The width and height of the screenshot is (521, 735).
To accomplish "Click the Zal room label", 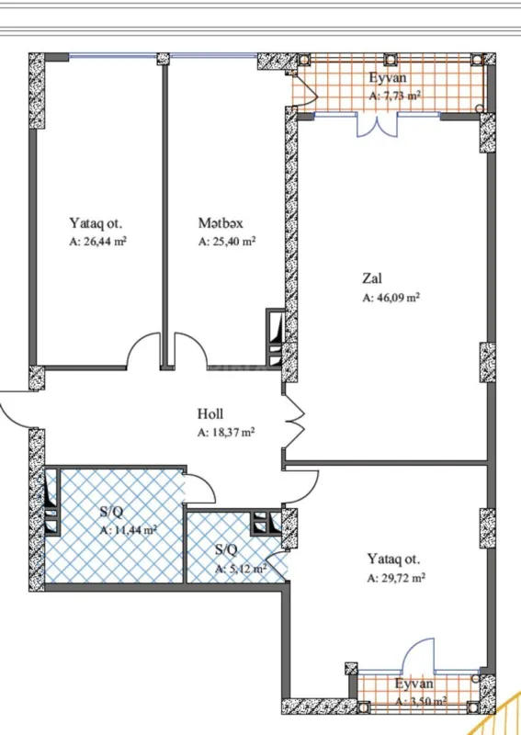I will tap(371, 278).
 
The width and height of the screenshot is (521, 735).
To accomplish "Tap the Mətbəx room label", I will tap(219, 223).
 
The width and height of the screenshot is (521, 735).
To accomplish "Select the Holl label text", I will tap(210, 414).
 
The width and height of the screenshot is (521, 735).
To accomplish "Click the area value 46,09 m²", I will tap(391, 298).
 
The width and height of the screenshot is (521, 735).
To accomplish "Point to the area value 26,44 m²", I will tap(97, 243).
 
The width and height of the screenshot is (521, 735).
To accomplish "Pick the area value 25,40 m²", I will tap(226, 243).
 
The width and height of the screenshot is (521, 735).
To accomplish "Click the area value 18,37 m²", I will tap(226, 432).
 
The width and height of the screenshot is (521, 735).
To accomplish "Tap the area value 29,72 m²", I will tap(396, 579).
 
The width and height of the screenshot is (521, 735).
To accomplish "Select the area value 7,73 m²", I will tap(395, 96).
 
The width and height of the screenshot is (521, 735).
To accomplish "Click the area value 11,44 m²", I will tap(128, 530).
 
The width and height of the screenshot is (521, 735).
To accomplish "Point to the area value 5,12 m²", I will tap(241, 569).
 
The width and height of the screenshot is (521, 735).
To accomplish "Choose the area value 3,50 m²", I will tap(420, 701).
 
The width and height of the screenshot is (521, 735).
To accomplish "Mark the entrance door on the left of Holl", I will tap(17, 409).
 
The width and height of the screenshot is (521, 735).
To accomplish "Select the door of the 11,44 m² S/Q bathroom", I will tap(199, 488).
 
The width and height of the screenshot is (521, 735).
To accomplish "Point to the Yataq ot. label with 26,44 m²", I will tap(96, 223).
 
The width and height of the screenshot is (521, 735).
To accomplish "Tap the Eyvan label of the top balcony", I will tap(389, 78).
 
